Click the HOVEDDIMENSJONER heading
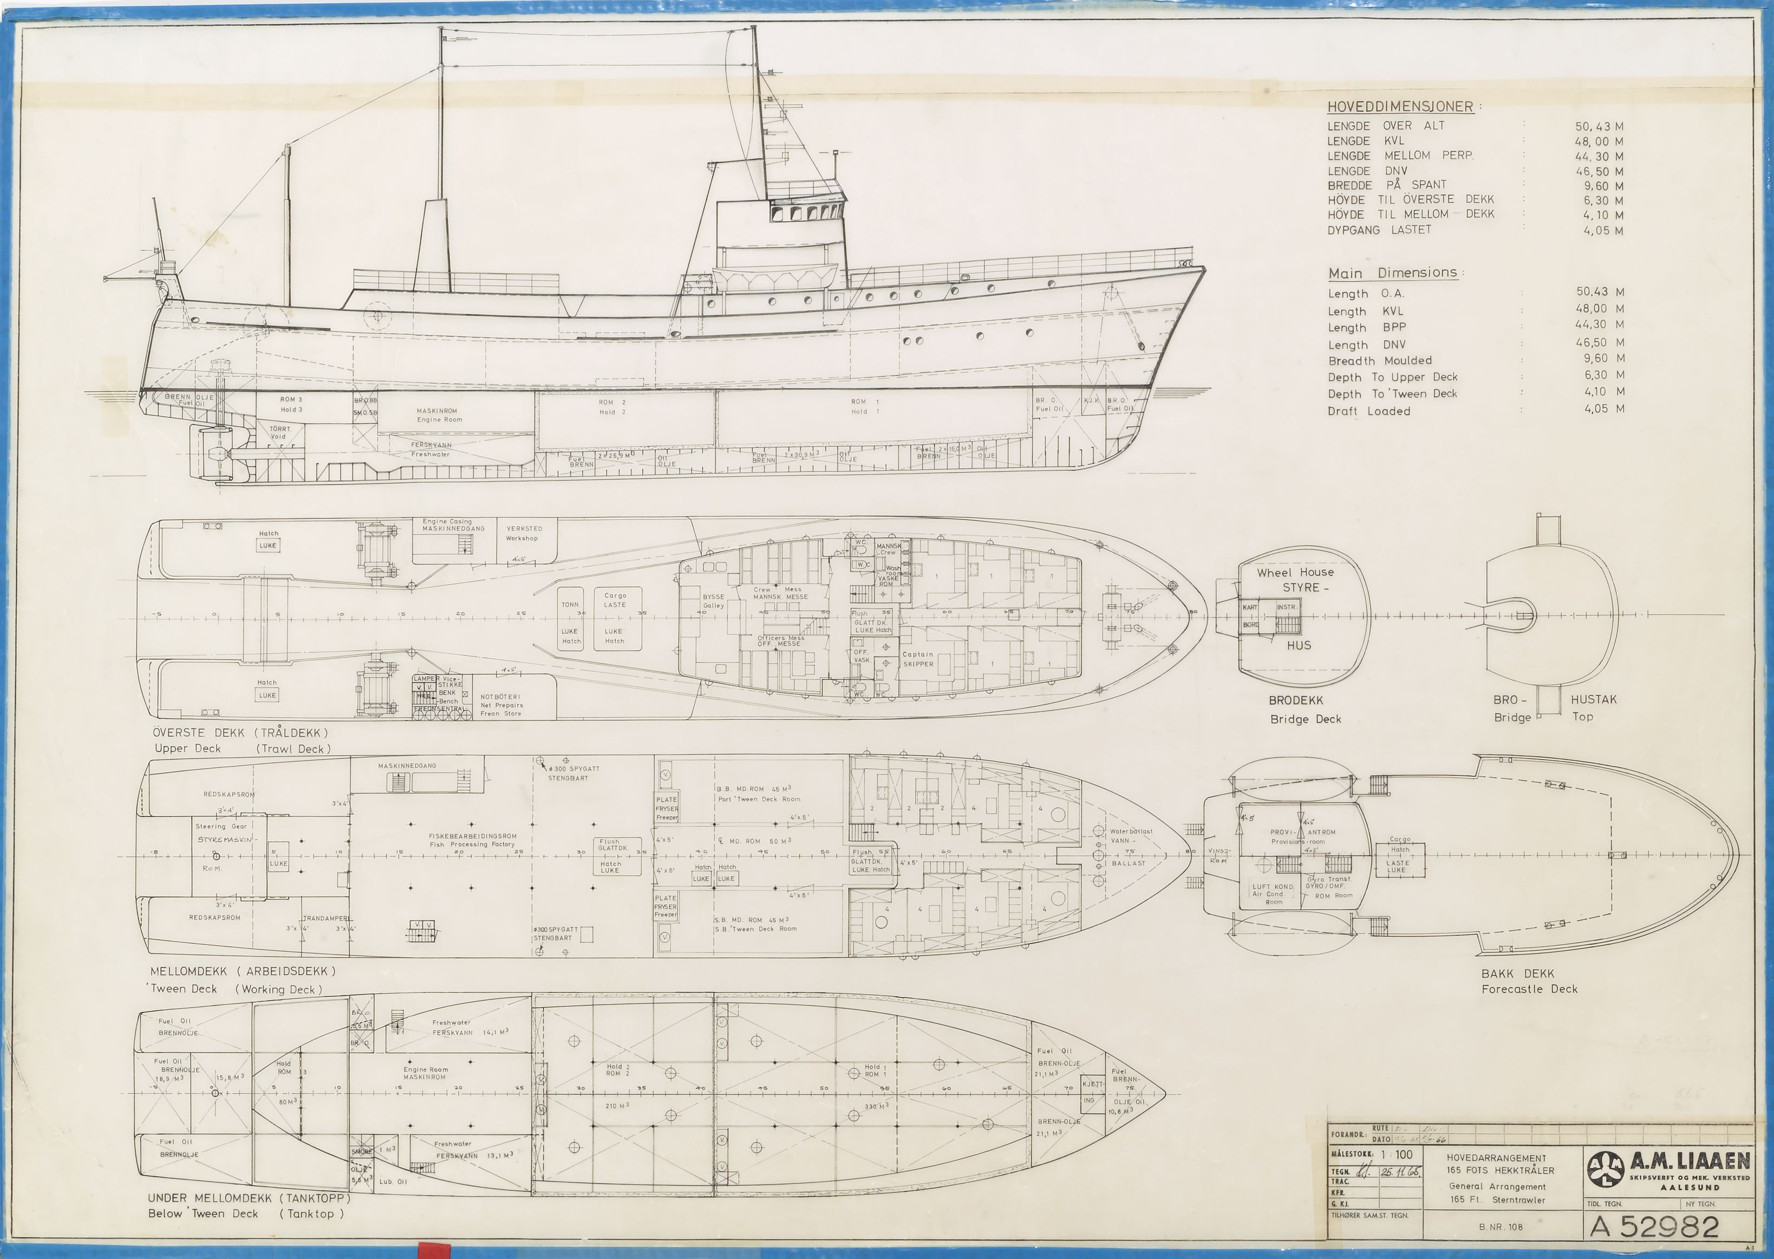tap(1402, 107)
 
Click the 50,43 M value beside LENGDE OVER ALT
tap(1599, 126)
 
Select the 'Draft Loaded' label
tap(1368, 411)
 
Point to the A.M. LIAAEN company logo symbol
tap(1605, 1169)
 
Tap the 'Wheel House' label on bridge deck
tap(1295, 572)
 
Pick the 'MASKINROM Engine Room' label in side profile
tap(439, 415)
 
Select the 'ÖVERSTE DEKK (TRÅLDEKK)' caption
tap(241, 732)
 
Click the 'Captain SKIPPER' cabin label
tap(918, 659)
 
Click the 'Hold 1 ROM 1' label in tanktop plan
tap(873, 1070)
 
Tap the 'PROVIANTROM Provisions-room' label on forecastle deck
tap(1302, 836)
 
